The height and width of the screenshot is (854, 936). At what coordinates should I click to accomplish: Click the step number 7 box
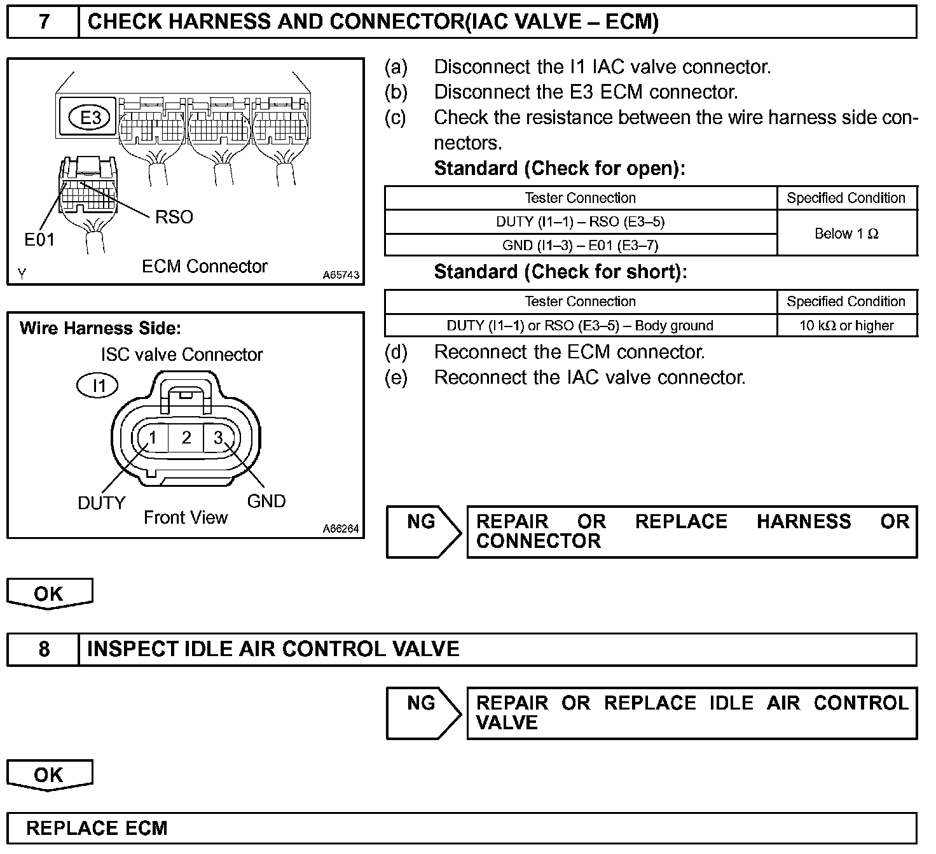coord(43,22)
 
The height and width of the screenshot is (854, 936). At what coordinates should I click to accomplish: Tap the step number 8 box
coord(43,649)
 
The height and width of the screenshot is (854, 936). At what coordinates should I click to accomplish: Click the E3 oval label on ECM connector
coord(90,118)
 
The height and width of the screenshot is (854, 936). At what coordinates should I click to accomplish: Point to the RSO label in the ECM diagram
coord(174,217)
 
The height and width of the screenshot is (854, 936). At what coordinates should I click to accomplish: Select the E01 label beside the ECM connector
coord(39,239)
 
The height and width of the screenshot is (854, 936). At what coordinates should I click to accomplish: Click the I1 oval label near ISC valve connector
coord(99,386)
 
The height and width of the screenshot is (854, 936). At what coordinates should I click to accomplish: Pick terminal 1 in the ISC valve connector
coord(153,438)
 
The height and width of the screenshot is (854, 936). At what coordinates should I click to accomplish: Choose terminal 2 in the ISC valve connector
coord(186,438)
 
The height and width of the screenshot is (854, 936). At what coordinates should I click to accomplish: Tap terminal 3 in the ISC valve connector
coord(218,438)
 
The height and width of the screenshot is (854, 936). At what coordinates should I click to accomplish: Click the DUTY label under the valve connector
coord(102,503)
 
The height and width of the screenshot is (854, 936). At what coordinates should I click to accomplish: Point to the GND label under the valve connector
coord(266,501)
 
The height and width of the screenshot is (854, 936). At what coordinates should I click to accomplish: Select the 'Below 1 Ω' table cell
coord(846,234)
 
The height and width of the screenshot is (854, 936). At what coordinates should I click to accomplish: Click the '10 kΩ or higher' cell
coord(846,326)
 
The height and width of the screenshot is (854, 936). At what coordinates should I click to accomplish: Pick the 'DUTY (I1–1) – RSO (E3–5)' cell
coord(580,222)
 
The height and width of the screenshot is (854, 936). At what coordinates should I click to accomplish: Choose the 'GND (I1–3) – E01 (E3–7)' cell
coord(580,245)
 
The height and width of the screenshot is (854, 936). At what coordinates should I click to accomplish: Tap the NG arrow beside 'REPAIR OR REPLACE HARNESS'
coord(423,532)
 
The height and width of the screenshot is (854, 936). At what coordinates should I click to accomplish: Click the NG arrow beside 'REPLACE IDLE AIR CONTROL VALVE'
coord(423,713)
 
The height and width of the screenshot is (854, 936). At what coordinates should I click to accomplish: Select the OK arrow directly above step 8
coord(50,593)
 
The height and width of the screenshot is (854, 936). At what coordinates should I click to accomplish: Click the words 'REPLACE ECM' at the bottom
coord(97,828)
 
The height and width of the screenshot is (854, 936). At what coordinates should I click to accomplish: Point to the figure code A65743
coord(341,276)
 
